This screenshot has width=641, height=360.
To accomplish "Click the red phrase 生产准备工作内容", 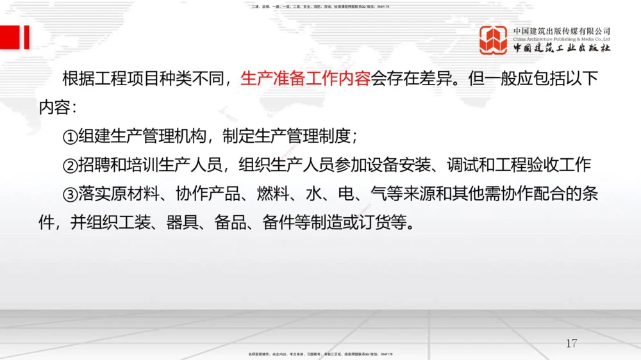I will point(305,79).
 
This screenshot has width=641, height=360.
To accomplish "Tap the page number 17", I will point(571,343).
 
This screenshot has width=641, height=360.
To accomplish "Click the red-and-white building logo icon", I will point(494,40).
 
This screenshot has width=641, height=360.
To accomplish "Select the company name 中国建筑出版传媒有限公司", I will point(562,31).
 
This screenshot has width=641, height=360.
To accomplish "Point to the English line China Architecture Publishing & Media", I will point(562,38).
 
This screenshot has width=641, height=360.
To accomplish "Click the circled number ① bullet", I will point(70,137).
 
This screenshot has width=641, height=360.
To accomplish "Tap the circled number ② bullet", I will point(70,165).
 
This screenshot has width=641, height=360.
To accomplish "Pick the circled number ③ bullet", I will point(70,193).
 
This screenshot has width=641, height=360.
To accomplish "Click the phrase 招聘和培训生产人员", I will point(150,165).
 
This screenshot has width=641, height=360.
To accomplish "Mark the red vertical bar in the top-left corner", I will point(26,38).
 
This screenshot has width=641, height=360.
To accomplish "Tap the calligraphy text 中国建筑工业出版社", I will point(562,49).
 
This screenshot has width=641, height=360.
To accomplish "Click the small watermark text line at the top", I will point(320,6).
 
